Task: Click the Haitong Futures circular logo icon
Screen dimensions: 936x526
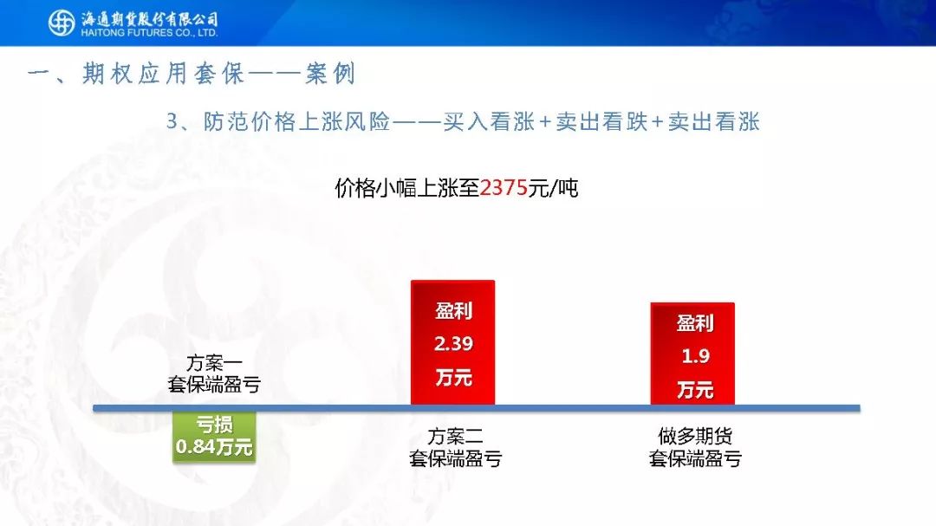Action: coord(61,23)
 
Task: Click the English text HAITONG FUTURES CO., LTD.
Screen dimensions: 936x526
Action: coord(149,34)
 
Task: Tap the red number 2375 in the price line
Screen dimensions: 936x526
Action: coord(504,188)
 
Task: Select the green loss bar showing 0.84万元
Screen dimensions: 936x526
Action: coord(214,437)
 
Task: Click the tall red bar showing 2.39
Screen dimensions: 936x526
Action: coord(453,342)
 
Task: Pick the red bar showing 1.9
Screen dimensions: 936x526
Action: coord(692,354)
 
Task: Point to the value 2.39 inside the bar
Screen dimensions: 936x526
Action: coord(453,344)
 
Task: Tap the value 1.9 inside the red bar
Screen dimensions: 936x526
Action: coord(695,356)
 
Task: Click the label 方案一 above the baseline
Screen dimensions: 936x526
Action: coord(214,362)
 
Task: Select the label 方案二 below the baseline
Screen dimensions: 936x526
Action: coord(455,437)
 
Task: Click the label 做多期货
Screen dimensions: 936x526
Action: coord(695,436)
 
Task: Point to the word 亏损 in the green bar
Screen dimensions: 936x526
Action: coord(214,425)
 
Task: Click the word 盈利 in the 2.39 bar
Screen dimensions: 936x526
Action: coord(453,310)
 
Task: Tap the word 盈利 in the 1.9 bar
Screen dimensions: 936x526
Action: coord(695,323)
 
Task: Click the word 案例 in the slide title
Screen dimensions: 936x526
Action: coord(330,74)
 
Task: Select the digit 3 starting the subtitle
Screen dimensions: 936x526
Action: coord(172,121)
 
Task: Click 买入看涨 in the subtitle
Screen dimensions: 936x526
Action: coord(489,121)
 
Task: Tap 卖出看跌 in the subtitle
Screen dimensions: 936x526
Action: coord(601,121)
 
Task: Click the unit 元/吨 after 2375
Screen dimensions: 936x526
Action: coord(553,188)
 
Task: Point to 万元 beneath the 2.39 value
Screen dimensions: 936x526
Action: coord(453,377)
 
